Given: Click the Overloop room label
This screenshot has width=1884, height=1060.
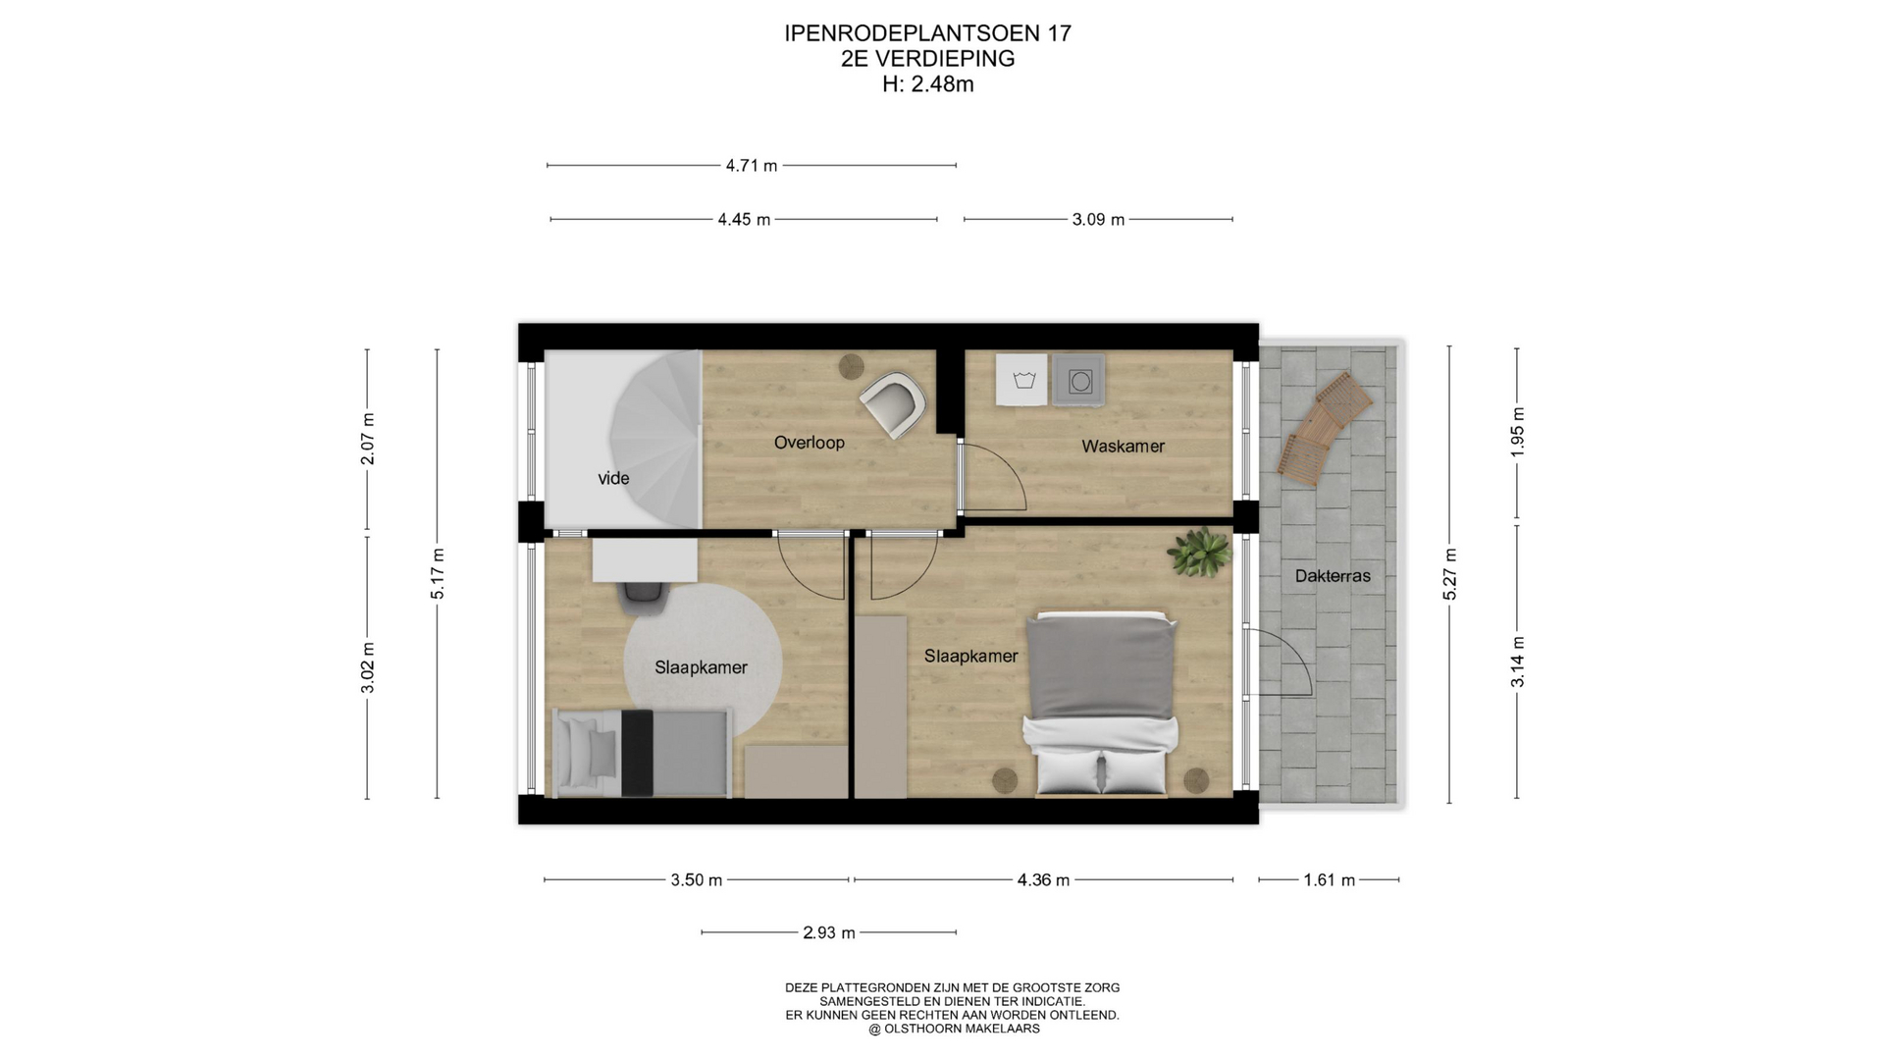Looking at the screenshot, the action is (809, 443).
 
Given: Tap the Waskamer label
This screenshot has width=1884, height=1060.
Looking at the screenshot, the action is (1123, 447).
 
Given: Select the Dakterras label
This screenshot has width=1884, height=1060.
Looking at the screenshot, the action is (1333, 576).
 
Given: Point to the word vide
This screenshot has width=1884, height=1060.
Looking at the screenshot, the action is (613, 479).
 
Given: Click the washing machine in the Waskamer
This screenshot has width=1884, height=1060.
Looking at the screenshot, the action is (1078, 380).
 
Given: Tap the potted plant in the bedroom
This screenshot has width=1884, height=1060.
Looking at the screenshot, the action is (1198, 552).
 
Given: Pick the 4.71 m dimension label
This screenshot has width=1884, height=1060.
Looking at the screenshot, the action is (752, 166).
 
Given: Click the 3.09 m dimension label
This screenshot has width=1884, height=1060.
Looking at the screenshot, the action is (1098, 220).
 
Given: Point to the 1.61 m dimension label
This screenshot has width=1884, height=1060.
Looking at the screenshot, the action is (1329, 880).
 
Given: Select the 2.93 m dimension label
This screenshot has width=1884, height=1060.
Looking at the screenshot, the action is (829, 932).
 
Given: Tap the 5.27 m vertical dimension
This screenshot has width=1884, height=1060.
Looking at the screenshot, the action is (1450, 574).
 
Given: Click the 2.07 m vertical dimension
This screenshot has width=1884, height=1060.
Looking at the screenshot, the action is (368, 439).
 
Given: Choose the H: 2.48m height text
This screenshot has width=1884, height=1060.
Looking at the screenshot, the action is (928, 84).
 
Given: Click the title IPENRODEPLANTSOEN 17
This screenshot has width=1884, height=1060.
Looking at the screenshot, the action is (928, 33).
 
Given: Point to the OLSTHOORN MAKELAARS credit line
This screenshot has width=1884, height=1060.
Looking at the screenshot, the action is (954, 1029).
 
